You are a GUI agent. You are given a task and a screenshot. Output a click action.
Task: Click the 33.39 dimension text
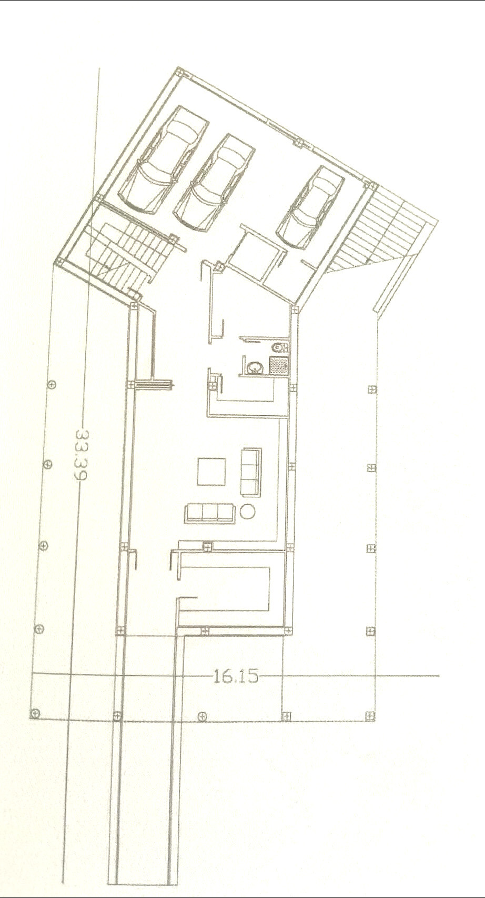coord(80,455)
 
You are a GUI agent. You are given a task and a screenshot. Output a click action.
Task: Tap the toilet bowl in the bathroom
coord(279,347)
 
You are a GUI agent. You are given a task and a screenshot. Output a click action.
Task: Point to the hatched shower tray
coord(277,365)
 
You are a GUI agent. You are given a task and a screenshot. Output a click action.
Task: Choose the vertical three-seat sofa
coord(251,472)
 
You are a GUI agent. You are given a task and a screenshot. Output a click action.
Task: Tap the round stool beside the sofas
coord(247,511)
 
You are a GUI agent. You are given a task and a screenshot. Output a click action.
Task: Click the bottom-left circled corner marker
coord(35,713)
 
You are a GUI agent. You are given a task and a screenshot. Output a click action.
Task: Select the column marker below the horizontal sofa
coord(207,547)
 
